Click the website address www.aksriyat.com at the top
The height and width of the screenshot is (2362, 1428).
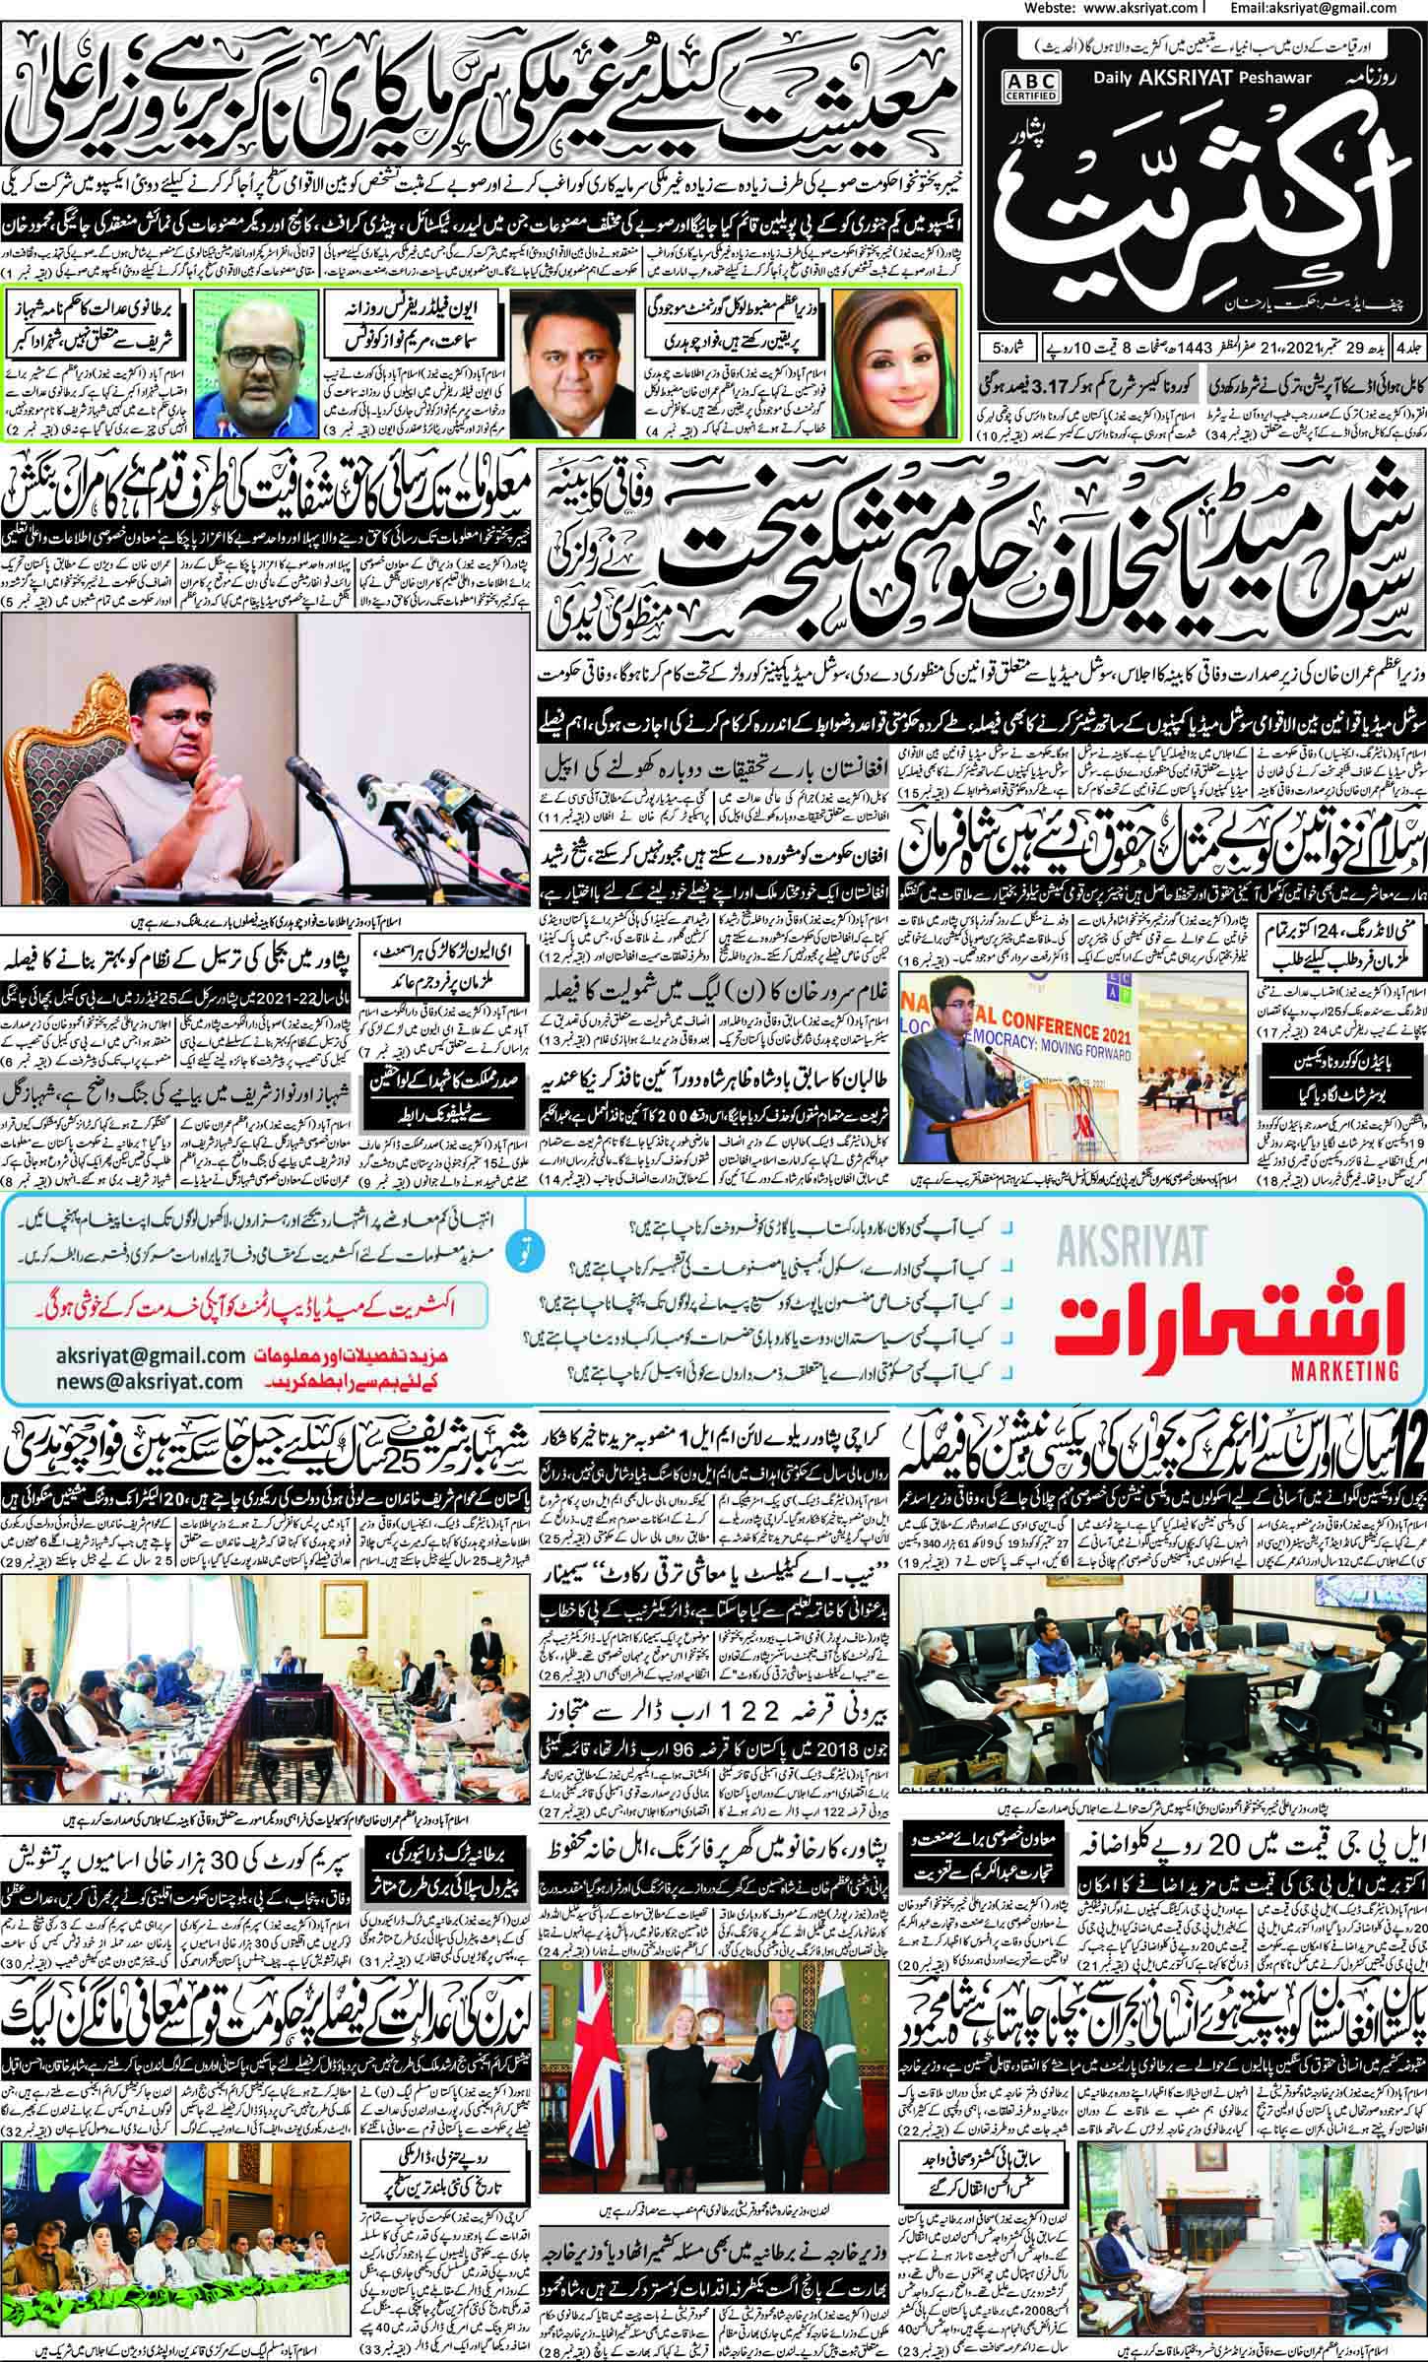coord(1119,9)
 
